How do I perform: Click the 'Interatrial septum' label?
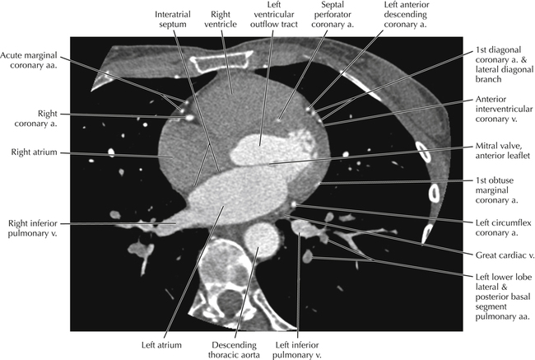[174, 20]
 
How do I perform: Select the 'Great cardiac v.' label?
[496, 255]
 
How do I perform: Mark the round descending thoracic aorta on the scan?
[263, 240]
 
